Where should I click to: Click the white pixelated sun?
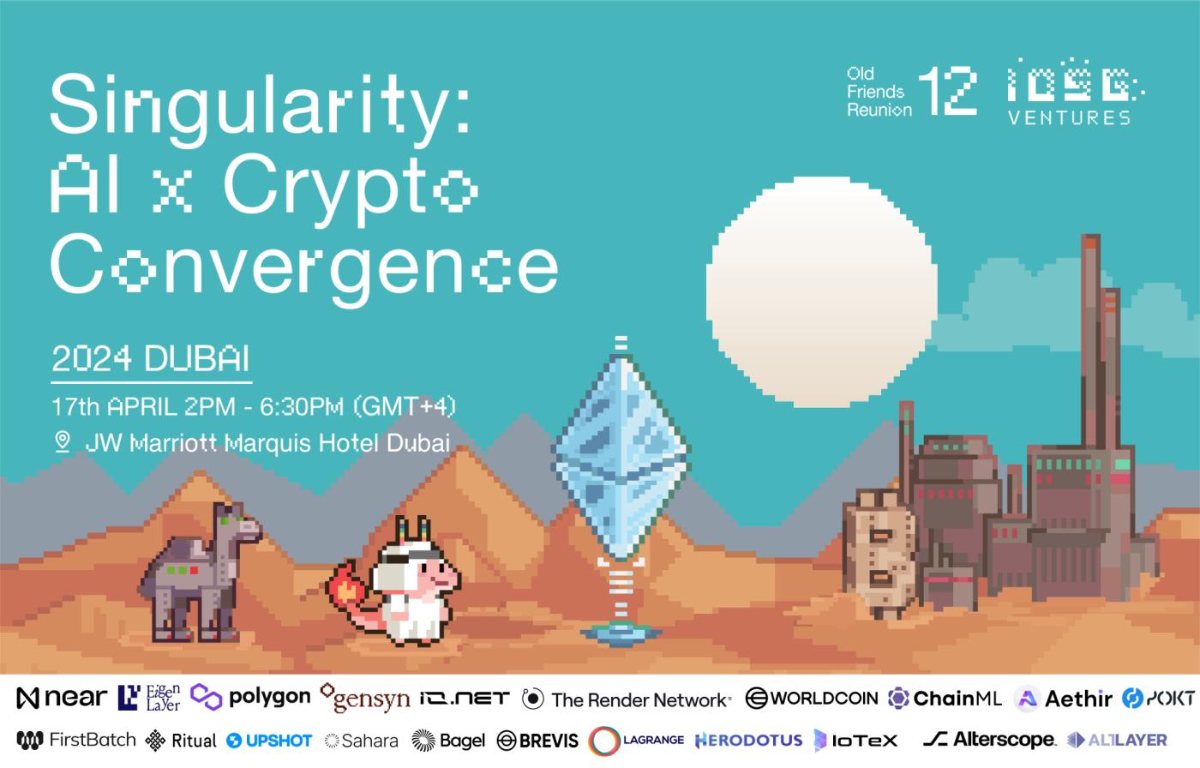click(821, 292)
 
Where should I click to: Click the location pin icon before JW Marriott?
click(63, 441)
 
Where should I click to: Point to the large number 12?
click(947, 91)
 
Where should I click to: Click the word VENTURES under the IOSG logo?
click(1070, 117)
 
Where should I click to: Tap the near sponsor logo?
click(62, 698)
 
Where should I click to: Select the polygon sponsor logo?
click(250, 698)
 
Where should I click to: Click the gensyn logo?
click(365, 699)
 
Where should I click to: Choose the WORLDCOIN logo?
click(812, 699)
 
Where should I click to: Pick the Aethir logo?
click(1064, 699)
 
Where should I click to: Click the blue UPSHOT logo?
click(269, 741)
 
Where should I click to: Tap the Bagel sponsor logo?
click(447, 741)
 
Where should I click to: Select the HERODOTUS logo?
click(748, 741)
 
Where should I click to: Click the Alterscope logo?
click(989, 740)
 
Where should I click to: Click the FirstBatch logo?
click(76, 741)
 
